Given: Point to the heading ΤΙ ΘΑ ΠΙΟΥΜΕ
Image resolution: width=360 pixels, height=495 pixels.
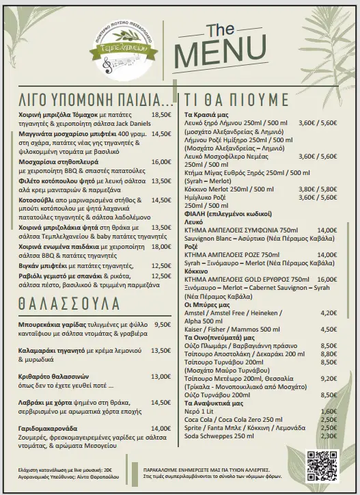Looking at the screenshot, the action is tap(236, 98).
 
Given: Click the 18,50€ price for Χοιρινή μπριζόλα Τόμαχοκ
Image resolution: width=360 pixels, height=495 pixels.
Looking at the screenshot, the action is tap(161, 116).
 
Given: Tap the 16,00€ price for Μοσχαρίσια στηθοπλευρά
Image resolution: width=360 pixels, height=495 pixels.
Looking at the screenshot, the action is tap(161, 162).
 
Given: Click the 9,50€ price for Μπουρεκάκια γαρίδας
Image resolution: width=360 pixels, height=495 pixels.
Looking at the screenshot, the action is tap(163, 325).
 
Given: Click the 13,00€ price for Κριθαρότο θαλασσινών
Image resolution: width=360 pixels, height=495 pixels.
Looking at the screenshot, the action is tap(161, 377).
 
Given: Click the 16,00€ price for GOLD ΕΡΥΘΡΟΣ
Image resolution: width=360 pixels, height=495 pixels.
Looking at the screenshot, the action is tap(327, 280).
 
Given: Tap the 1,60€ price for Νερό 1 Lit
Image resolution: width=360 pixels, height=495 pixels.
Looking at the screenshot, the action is tap(329, 411).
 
